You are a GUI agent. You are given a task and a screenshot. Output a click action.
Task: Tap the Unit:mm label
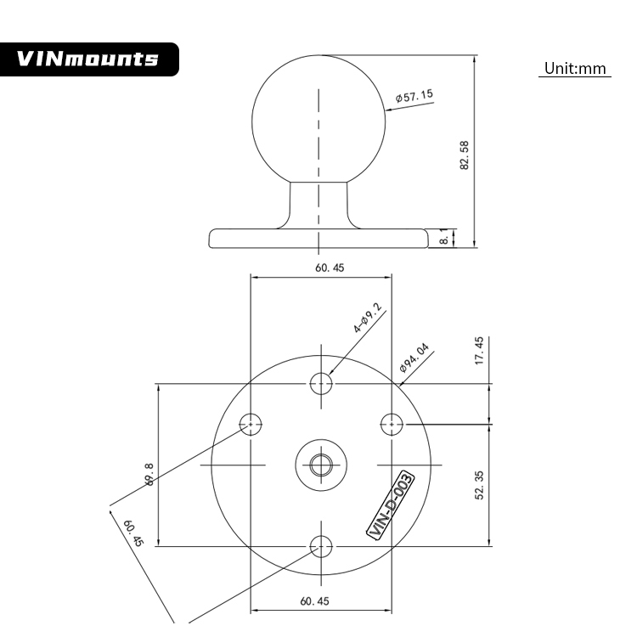(574, 68)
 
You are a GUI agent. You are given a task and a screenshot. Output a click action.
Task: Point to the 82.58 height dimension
(465, 155)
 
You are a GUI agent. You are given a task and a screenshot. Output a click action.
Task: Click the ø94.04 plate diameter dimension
(415, 359)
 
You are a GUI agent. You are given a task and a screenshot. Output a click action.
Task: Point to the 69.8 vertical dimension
(149, 474)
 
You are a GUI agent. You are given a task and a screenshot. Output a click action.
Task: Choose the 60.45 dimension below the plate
(314, 601)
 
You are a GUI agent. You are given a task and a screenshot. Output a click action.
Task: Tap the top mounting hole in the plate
(322, 384)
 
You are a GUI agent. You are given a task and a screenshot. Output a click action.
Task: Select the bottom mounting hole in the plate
(322, 546)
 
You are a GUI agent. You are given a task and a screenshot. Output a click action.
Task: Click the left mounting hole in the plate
(251, 423)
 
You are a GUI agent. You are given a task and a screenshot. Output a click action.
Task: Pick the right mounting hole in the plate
(392, 423)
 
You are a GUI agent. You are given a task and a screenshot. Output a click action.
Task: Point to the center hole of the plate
(321, 465)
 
